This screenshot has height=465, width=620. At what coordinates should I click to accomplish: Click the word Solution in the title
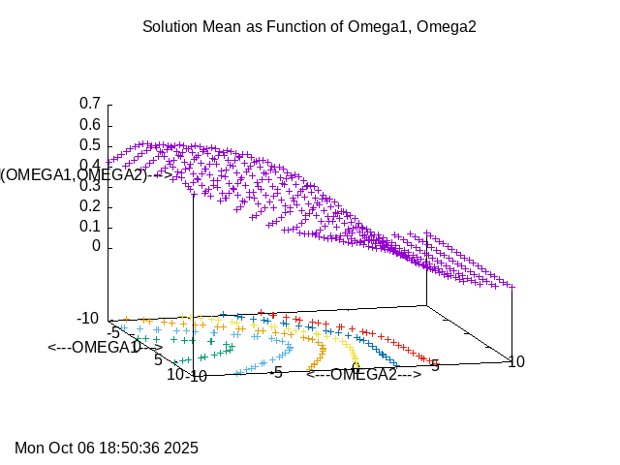[170, 27]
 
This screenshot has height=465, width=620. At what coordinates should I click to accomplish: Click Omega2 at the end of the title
[449, 27]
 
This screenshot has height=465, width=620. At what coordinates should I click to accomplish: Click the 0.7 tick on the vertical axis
[90, 104]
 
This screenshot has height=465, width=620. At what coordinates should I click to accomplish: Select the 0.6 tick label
[90, 124]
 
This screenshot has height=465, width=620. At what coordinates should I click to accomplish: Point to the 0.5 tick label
[90, 144]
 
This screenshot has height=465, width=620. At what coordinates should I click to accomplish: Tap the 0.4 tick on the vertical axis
[90, 165]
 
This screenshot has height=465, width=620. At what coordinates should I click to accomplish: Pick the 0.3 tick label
[90, 185]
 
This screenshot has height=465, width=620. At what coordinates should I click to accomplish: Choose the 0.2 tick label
[90, 205]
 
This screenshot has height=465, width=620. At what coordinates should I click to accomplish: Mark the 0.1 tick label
[90, 226]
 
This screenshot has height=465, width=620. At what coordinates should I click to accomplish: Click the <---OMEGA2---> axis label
[363, 375]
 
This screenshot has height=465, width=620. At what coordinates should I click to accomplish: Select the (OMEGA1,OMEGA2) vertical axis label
[74, 174]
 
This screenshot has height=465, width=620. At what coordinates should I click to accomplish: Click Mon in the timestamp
[30, 448]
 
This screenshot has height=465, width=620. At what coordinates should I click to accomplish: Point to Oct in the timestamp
[61, 448]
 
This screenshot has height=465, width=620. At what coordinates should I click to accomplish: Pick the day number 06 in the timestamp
[86, 448]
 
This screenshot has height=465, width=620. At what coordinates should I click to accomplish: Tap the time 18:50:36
[130, 448]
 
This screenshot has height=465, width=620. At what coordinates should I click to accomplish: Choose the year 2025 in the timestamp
[181, 448]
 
